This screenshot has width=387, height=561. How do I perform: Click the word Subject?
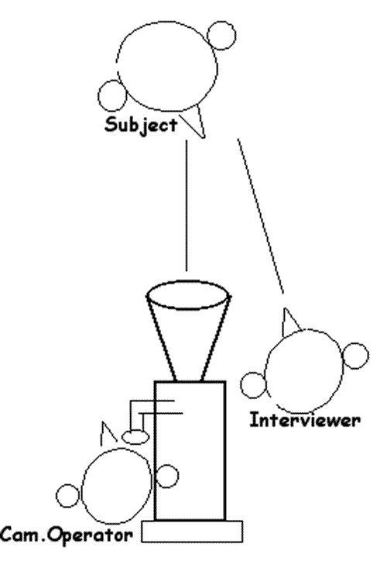pyautogui.click(x=141, y=126)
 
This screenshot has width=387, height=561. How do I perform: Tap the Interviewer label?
pyautogui.click(x=305, y=420)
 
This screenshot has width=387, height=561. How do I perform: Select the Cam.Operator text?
pyautogui.click(x=67, y=535)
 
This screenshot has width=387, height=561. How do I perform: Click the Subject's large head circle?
pyautogui.click(x=217, y=67)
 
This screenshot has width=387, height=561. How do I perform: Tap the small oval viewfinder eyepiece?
pyautogui.click(x=135, y=437)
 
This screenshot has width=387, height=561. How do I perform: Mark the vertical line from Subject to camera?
pyautogui.click(x=187, y=205)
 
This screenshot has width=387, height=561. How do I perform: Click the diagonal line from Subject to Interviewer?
pyautogui.click(x=261, y=216)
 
